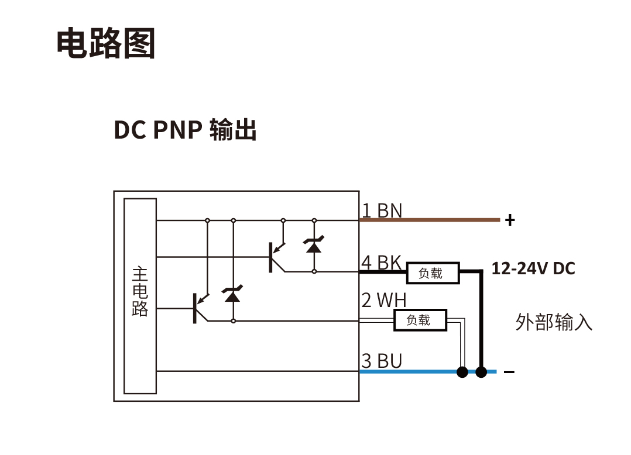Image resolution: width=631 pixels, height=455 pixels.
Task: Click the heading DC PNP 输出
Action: pos(185,130)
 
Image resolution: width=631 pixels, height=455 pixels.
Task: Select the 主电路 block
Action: pos(140,296)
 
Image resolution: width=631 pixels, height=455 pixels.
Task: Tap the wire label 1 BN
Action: pos(382,211)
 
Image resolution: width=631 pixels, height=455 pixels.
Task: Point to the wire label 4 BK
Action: pos(381,263)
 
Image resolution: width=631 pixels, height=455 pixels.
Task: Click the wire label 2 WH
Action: pos(383,301)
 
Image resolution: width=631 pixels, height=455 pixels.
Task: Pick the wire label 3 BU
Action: pos(382,361)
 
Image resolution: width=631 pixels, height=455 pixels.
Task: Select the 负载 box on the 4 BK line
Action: pos(430,273)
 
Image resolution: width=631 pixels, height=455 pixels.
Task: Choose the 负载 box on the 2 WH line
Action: pos(419,320)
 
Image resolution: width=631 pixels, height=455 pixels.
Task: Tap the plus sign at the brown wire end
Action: pos(510,220)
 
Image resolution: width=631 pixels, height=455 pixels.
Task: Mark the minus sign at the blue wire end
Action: pos(509,372)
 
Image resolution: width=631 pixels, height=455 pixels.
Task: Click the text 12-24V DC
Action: pos(533,269)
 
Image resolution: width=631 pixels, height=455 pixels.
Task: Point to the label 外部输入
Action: pos(554,322)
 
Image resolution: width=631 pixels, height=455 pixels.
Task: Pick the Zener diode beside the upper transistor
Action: pos(314,246)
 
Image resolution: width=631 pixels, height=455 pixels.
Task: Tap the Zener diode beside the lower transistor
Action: pos(233,295)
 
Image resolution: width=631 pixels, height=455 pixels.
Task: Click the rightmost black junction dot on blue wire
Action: pos(481,372)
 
